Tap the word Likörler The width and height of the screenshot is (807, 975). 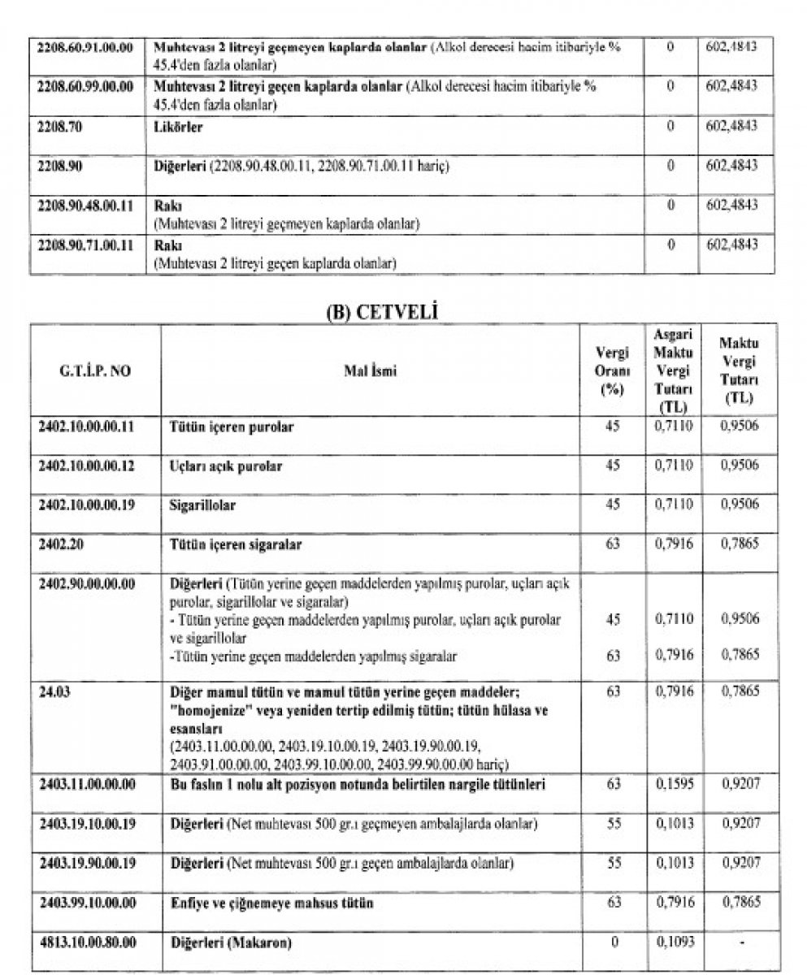pos(177,128)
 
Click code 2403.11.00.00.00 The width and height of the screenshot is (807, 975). pos(85,785)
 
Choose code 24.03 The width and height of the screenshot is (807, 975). pos(54,691)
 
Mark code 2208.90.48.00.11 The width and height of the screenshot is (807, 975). pos(85,206)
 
